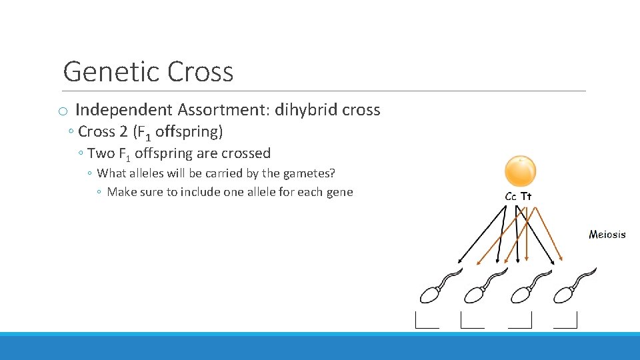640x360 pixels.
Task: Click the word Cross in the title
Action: coord(201,71)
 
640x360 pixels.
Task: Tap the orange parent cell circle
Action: coord(520,171)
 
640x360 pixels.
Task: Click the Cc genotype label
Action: coord(511,197)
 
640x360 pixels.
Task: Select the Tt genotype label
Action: coord(526,197)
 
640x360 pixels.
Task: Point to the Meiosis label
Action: coord(607,234)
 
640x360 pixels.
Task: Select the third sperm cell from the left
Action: coord(522,293)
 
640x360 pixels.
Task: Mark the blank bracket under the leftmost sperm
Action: coord(427,321)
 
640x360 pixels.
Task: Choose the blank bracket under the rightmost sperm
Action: coord(565,321)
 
